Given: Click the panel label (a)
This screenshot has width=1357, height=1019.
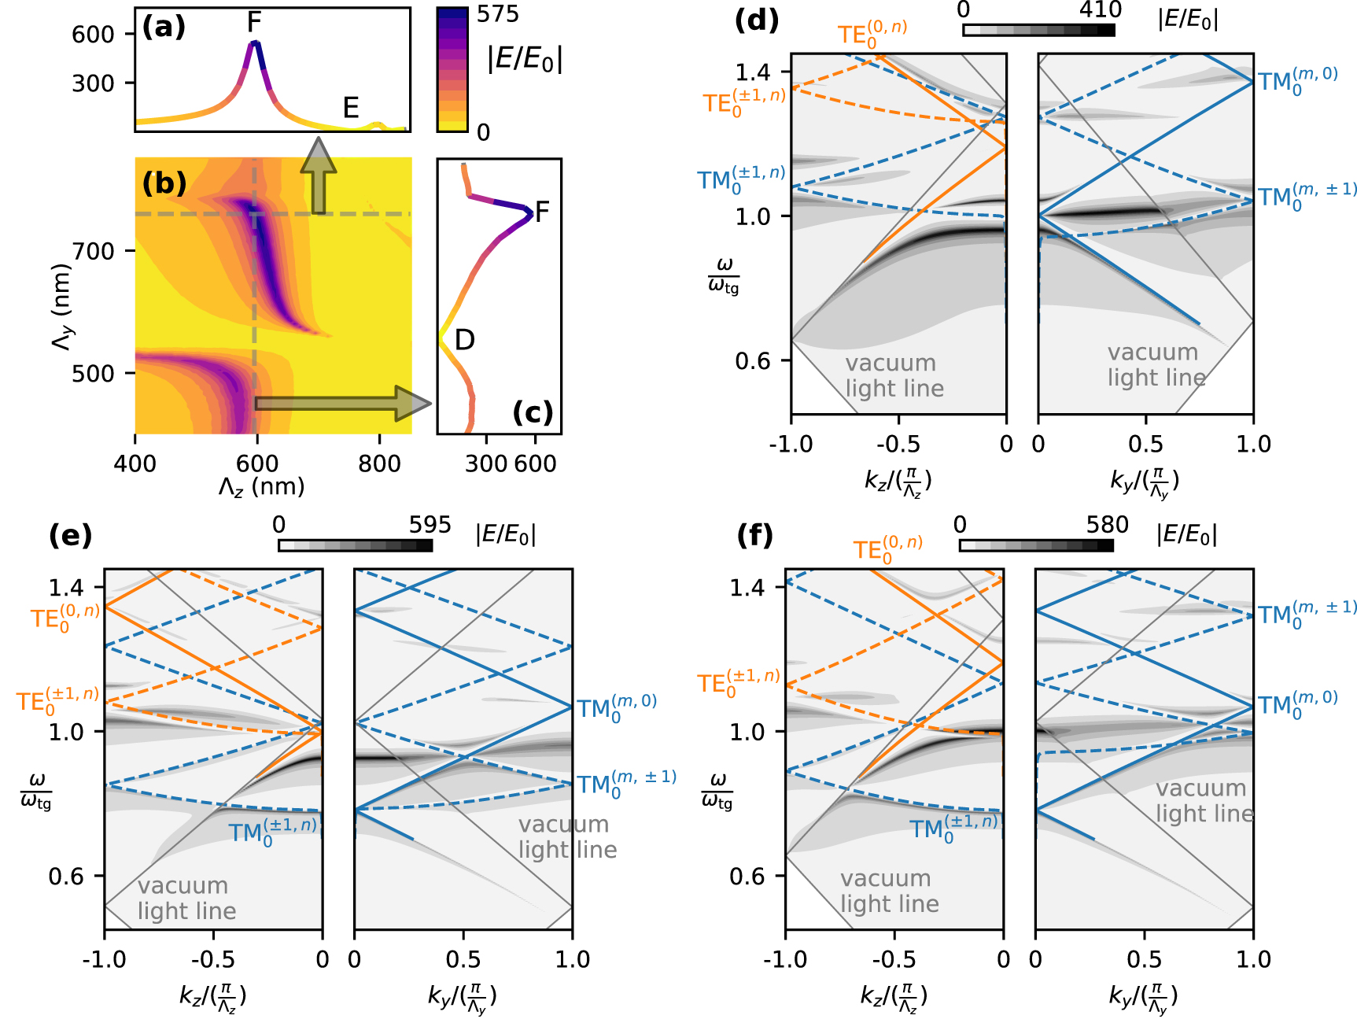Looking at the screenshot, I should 164,27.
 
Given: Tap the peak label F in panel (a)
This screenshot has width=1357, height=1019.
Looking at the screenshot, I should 253,23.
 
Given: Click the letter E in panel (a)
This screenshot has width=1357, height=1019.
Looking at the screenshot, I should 351,108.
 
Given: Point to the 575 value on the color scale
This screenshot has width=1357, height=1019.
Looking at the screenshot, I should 497,14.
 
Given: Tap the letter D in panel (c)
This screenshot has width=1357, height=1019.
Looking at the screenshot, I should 464,340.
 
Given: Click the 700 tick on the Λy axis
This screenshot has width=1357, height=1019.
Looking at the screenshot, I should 93,252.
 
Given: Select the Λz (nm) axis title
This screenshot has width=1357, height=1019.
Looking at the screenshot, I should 261,487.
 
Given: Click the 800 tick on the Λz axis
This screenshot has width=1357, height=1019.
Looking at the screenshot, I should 379,463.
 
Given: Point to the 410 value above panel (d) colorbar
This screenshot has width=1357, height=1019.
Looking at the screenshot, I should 1099,10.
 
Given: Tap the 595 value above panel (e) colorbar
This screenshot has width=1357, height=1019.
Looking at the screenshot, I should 430,525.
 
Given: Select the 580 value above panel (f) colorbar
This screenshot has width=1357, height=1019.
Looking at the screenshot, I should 1107,525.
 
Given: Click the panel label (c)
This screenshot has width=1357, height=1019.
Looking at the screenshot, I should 533,412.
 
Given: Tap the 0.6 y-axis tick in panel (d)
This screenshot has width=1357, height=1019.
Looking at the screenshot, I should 752,361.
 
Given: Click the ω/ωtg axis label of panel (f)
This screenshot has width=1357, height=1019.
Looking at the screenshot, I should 717,791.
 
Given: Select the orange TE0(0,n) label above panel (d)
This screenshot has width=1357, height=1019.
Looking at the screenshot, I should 872,34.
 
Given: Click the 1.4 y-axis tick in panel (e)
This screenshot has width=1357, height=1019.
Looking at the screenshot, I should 66,587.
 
